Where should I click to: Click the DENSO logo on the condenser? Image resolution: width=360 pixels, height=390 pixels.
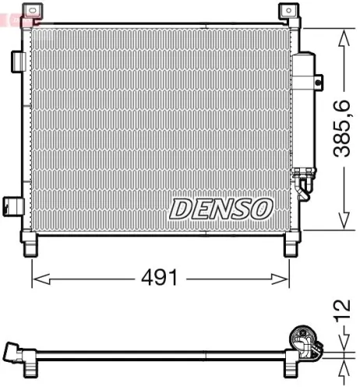222,208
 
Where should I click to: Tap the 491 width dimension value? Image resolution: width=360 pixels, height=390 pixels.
161,278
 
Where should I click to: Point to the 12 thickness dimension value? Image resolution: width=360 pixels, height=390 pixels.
344,311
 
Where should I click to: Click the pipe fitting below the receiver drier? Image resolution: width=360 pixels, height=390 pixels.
302,186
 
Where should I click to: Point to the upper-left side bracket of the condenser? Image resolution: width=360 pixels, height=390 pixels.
16,60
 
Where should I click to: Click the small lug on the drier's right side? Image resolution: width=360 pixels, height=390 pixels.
318,77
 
